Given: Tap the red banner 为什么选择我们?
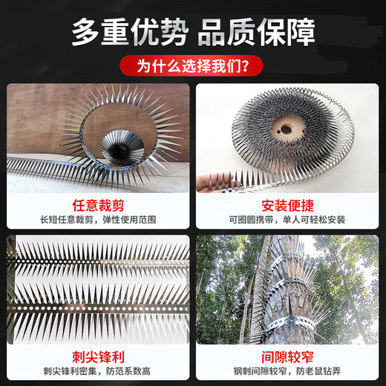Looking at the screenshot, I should click(192, 65).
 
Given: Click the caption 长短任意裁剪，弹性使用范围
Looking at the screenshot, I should click(98, 220).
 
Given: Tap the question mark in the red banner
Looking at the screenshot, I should click(245, 65).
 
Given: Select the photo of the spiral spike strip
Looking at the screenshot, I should click(98, 137).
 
